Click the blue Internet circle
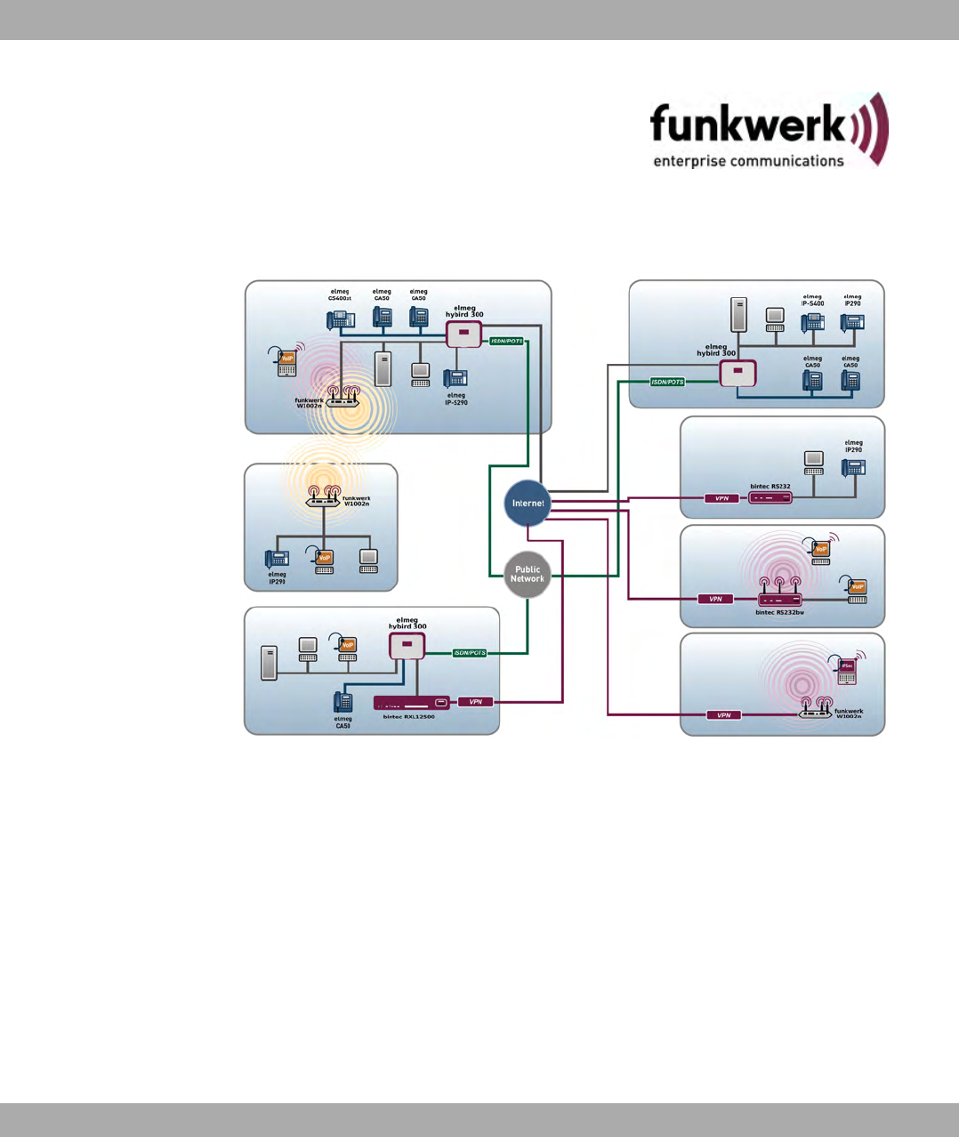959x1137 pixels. click(x=528, y=504)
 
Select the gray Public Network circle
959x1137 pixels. click(x=528, y=575)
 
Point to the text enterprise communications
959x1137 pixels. click(x=748, y=161)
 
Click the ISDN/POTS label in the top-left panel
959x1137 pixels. click(x=507, y=342)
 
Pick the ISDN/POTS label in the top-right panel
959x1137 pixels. click(x=667, y=382)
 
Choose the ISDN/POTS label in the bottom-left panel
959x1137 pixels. click(x=470, y=653)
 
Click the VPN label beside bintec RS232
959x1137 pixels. click(x=721, y=498)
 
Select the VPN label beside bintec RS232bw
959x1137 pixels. click(x=715, y=599)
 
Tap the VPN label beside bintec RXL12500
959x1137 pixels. click(x=476, y=702)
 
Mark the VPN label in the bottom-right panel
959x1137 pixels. click(x=724, y=715)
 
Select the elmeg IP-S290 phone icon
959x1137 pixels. click(x=455, y=378)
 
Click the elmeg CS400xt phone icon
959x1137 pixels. click(x=341, y=318)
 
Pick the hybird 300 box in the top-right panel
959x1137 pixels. click(x=737, y=374)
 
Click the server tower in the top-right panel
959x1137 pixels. click(x=737, y=316)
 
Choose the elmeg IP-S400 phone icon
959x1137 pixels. click(x=812, y=322)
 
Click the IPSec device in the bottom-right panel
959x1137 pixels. click(x=847, y=671)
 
